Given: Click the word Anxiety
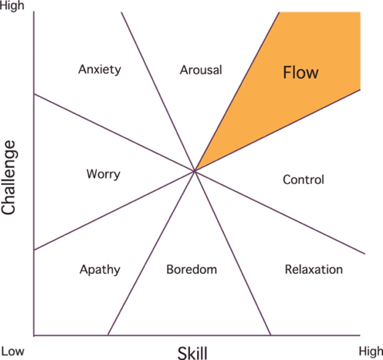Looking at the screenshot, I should (x=99, y=70).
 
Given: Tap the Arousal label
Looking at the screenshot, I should (x=201, y=70).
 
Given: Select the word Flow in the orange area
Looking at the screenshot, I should (x=300, y=73).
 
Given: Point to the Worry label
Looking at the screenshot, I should (x=103, y=174).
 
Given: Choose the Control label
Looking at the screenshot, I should (x=303, y=179).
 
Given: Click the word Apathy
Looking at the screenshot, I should (x=100, y=270).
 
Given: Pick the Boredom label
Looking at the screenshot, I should (x=191, y=269).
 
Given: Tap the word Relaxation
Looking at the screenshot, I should (x=314, y=269).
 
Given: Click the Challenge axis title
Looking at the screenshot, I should (x=9, y=177).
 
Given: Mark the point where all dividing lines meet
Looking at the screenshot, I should (x=195, y=170).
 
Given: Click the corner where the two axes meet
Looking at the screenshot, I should (x=34, y=335).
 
